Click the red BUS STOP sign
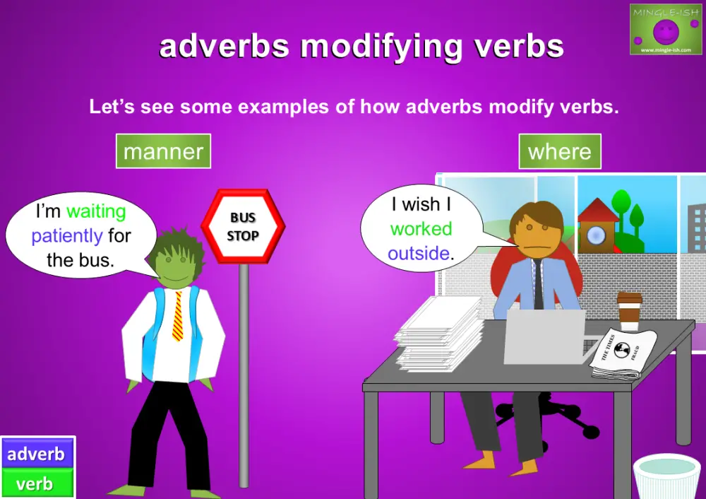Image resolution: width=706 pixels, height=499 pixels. (x=243, y=226)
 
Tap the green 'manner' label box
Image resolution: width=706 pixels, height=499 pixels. (x=163, y=151)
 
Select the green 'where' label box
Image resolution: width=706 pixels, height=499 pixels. (x=560, y=151)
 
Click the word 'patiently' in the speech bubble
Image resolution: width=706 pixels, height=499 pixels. (x=67, y=235)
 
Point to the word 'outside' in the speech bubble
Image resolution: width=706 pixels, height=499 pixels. (x=419, y=253)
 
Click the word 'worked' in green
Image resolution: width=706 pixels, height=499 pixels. (x=421, y=229)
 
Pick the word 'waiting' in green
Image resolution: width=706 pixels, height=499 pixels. (x=96, y=211)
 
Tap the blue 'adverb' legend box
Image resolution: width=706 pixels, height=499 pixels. (x=36, y=454)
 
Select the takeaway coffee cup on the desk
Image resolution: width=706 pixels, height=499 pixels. (x=629, y=311)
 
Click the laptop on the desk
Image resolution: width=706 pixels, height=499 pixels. (x=544, y=336)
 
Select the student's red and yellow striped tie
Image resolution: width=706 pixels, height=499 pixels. (x=177, y=315)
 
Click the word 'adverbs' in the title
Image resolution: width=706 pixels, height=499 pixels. (x=225, y=47)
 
